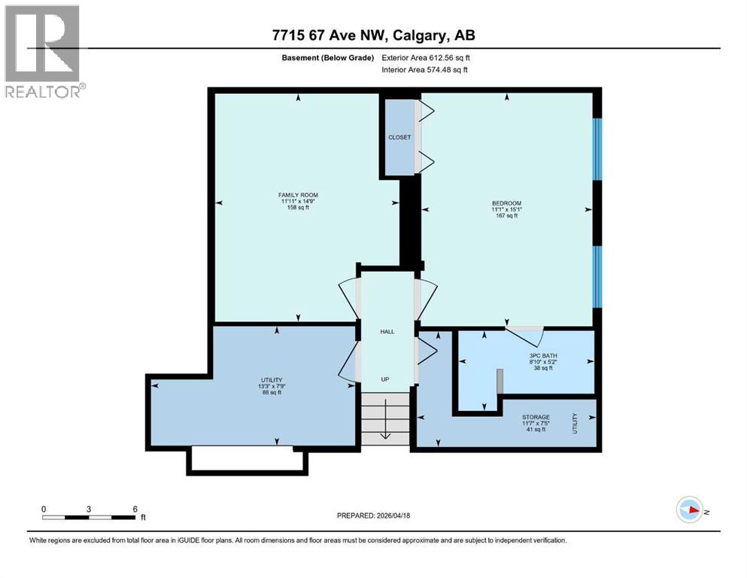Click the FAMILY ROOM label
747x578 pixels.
pos(293,195)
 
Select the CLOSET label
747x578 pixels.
pos(399,138)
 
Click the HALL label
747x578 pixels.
pos(387,331)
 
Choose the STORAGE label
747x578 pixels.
pos(536,417)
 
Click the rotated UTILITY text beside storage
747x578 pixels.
pos(575,423)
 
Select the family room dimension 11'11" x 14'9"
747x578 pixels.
pos(293,202)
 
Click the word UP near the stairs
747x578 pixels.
pos(384,379)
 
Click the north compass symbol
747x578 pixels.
pos(690,510)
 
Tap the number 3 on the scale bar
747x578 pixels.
pos(89,509)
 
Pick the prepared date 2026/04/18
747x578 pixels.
pos(373,516)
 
